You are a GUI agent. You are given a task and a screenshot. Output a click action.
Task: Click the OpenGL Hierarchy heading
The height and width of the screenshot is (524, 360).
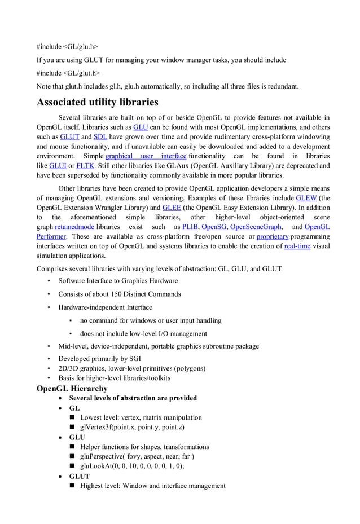(x=72, y=389)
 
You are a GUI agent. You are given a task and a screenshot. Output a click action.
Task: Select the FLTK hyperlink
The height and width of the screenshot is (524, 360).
(x=85, y=166)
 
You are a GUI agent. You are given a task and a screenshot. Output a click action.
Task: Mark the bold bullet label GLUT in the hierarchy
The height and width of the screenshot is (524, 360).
(x=80, y=477)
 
